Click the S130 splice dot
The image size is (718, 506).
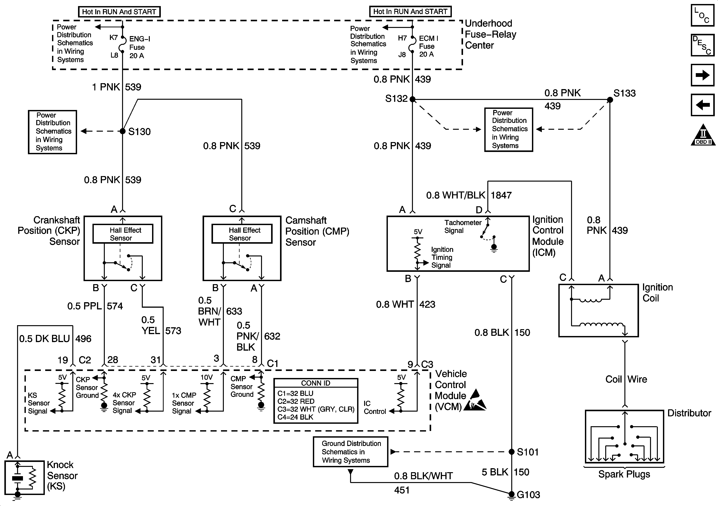pyautogui.click(x=123, y=131)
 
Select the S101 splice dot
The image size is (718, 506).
pyautogui.click(x=512, y=451)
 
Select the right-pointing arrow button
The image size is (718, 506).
pyautogui.click(x=702, y=75)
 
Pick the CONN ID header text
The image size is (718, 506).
pyautogui.click(x=316, y=383)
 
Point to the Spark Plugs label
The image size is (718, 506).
pyautogui.click(x=624, y=474)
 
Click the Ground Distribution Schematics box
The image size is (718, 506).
pyautogui.click(x=351, y=451)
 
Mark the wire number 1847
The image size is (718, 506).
pyautogui.click(x=501, y=195)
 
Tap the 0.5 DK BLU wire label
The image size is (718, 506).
pyautogui.click(x=44, y=339)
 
